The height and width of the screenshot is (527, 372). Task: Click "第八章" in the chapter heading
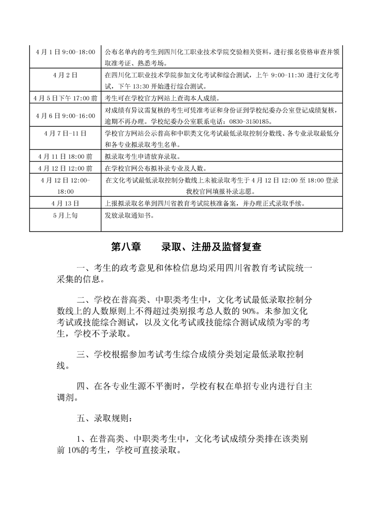pyautogui.click(x=127, y=247)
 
